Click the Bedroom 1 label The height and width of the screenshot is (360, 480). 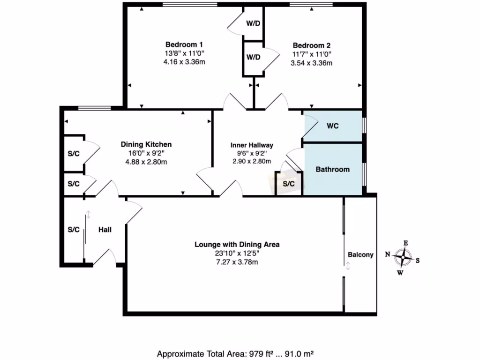pos(184,45)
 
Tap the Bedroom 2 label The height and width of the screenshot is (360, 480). pos(312,45)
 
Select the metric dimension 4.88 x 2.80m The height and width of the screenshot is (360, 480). pos(146,162)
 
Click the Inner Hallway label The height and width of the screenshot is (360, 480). pos(252,145)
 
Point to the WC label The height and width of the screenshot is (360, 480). pos(333,126)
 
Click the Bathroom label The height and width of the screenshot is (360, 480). pos(332,169)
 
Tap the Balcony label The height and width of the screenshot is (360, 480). pos(360,255)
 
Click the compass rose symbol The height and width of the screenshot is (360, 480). pos(403,257)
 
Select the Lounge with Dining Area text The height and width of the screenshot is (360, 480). pos(237,244)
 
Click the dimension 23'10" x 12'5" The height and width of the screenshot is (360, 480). pos(237,253)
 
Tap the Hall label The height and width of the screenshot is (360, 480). pos(105,230)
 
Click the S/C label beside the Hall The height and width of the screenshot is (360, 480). pos(74,230)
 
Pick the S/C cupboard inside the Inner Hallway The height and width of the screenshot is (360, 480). pos(289,184)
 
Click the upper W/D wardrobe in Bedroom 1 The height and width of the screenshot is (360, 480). pos(253,23)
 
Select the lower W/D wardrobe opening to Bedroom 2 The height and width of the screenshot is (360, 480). pos(253,57)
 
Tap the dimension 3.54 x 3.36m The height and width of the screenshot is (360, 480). pos(312,63)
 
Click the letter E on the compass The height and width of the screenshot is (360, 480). pos(406,243)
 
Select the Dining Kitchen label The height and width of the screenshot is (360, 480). pos(146,144)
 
